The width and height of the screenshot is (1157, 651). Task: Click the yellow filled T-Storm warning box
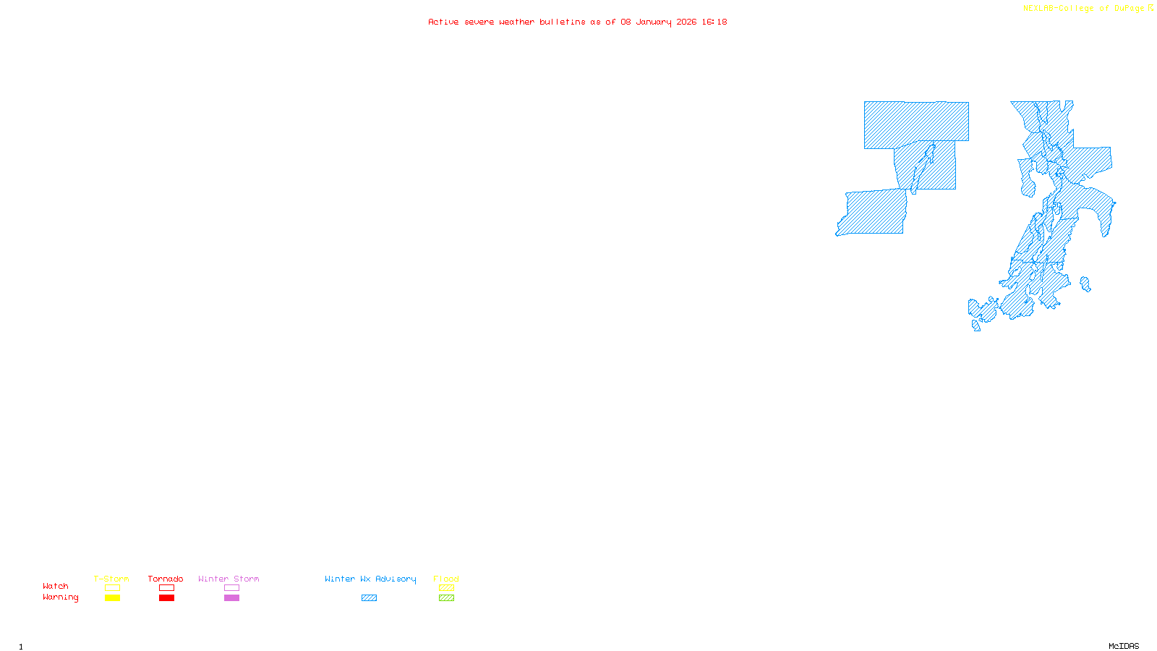112,598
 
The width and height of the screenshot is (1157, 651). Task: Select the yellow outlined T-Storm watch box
112,588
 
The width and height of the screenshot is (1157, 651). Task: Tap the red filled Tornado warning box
166,598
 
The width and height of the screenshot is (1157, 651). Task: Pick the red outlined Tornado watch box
166,588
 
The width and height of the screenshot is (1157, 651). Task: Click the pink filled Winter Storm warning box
231,598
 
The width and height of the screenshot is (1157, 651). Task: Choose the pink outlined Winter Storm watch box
231,588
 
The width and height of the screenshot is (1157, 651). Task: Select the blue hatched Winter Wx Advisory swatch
369,598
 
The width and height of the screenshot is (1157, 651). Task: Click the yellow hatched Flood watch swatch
446,588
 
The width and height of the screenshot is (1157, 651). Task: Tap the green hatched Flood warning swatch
446,598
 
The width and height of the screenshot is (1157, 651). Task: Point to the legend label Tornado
166,579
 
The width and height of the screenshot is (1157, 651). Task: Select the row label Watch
56,587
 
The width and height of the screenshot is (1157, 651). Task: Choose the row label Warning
60,597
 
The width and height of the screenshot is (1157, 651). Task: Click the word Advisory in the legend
396,579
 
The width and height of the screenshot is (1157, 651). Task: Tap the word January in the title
654,22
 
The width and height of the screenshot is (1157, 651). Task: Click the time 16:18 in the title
714,22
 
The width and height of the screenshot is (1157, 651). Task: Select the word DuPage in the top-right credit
1129,9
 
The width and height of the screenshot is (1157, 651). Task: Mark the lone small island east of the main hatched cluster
1085,284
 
